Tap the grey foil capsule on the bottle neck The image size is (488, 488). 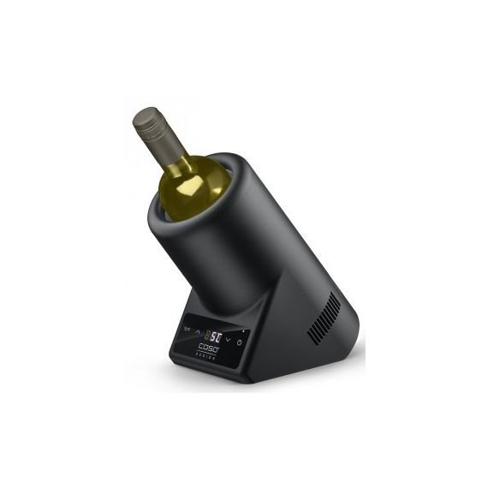[159, 137]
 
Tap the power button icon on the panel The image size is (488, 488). [240, 342]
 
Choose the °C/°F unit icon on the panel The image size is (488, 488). [186, 329]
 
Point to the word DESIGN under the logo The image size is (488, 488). [207, 358]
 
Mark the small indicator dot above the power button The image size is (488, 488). [242, 332]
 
